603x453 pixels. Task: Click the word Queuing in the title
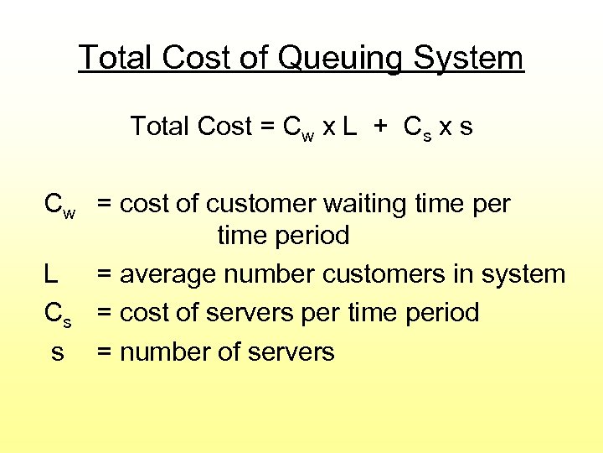(332, 59)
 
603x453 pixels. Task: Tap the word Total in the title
(117, 58)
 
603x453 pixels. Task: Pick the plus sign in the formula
(381, 128)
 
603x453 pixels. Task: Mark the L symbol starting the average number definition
(52, 274)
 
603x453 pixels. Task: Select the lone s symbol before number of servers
(57, 352)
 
